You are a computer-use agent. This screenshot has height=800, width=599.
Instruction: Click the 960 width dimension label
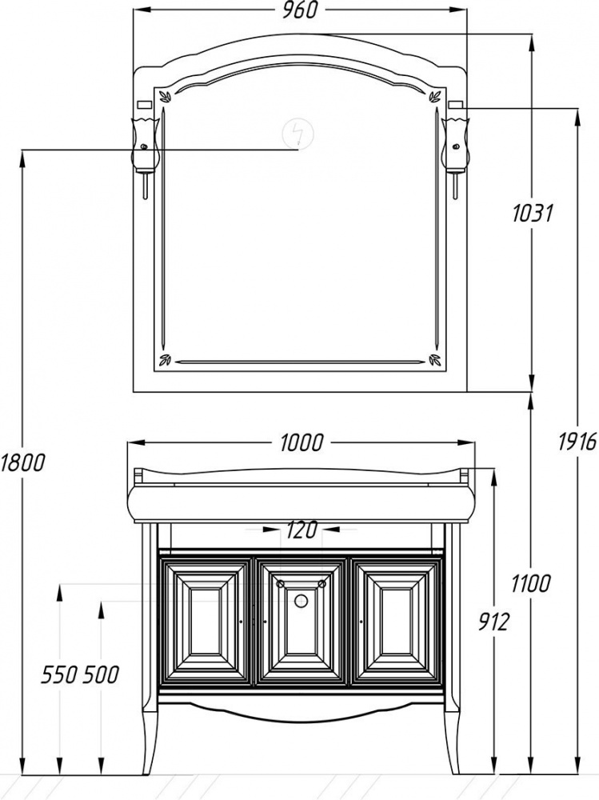click(x=300, y=10)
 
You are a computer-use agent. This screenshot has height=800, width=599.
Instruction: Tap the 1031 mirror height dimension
click(x=533, y=213)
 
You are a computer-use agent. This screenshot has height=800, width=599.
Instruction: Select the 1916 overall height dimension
click(x=577, y=442)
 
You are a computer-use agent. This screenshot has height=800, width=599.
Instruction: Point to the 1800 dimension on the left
click(x=22, y=462)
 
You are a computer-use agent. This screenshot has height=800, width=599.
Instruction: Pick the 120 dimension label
click(x=301, y=530)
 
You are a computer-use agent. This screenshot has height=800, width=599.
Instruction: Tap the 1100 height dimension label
click(x=530, y=583)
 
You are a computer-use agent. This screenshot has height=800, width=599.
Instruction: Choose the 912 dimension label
click(x=493, y=622)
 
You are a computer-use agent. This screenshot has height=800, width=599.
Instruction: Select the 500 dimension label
click(x=101, y=675)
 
